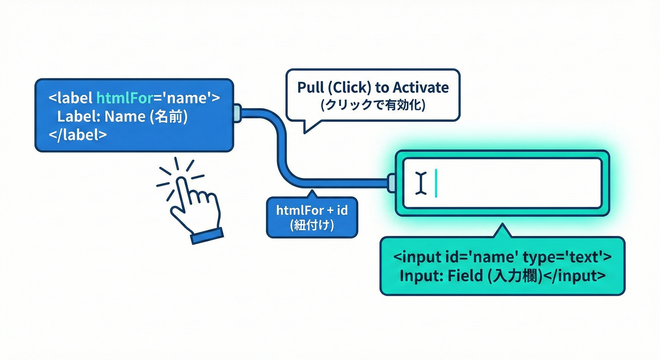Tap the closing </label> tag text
click(x=77, y=135)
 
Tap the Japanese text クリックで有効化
click(x=373, y=106)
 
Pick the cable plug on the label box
click(x=237, y=113)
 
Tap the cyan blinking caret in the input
click(x=436, y=183)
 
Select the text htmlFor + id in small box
click(x=312, y=210)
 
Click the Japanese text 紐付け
click(x=312, y=225)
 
